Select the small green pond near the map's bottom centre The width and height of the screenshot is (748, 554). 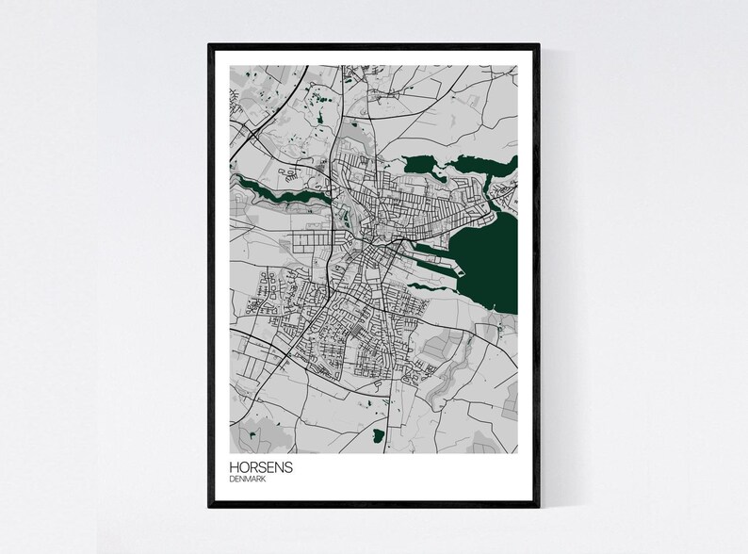point(378,434)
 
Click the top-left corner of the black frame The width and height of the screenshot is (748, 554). point(210,43)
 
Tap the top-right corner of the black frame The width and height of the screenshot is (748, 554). point(539,43)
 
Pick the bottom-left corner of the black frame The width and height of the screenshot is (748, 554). point(210,506)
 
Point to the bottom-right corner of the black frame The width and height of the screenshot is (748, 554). point(539,506)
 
